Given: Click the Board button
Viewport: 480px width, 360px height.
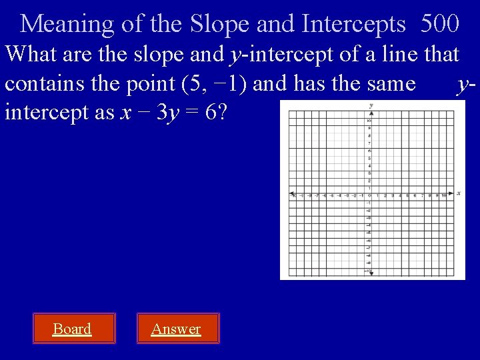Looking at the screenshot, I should tap(72, 329).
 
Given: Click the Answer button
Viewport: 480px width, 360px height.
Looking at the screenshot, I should tap(176, 329).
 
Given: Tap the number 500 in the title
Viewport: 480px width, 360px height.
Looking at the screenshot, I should tap(439, 24).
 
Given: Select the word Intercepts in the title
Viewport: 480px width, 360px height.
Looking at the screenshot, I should tap(353, 24).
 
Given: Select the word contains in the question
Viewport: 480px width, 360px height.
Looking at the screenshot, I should tap(45, 83).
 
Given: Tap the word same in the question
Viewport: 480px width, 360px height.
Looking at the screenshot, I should tap(386, 83).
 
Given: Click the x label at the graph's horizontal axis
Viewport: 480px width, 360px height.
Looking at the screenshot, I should tap(459, 193).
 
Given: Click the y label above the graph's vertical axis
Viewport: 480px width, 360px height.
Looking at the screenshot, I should tap(371, 105).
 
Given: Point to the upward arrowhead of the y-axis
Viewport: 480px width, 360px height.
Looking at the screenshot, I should tap(371, 113).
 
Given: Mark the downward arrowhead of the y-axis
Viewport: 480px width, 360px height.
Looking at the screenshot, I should tap(371, 273).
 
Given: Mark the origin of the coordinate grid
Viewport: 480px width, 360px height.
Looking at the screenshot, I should tap(371, 194).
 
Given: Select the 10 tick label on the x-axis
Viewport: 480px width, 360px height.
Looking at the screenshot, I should tap(443, 196).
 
